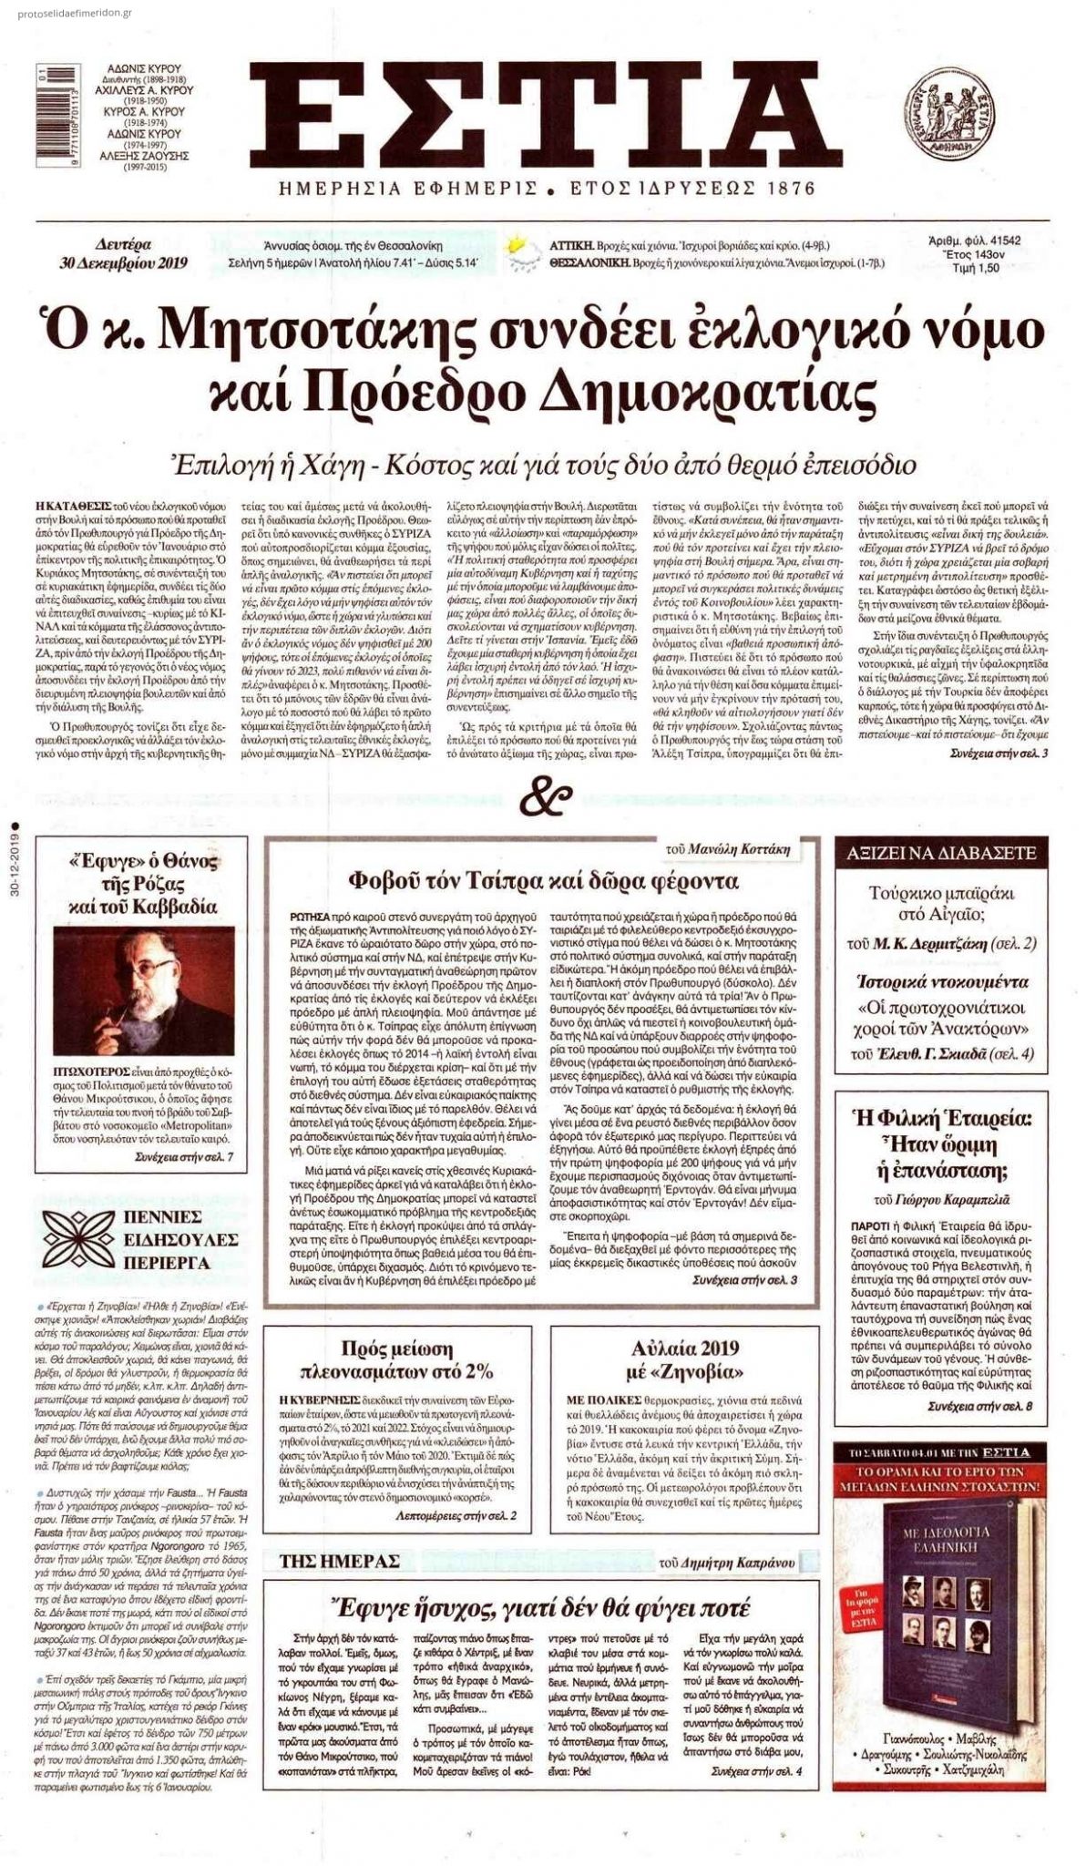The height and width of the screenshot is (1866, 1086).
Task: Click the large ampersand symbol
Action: pyautogui.click(x=543, y=799)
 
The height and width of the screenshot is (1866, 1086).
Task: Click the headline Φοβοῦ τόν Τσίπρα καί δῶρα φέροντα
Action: pyautogui.click(x=544, y=881)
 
